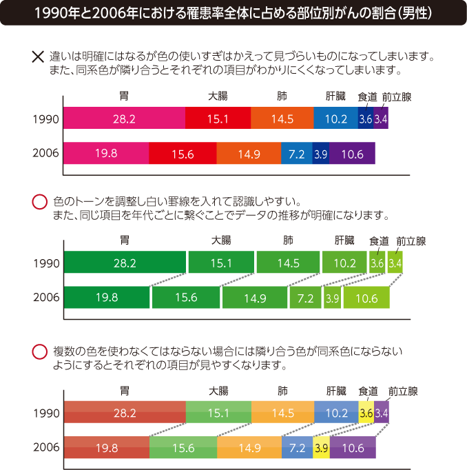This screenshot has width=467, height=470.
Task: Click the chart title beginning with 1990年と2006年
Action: point(233,13)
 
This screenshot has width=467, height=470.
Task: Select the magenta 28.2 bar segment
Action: point(124,119)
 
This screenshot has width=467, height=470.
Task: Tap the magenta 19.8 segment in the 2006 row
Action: point(106,154)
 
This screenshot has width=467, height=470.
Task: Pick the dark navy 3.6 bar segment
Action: point(366,119)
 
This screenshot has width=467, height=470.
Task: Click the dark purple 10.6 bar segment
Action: point(352,154)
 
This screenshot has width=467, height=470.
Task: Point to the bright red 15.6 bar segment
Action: point(182,154)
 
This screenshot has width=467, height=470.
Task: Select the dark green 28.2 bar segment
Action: point(125,263)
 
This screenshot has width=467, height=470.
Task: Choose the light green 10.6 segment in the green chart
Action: point(366,298)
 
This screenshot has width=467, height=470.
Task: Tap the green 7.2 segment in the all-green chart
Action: point(305,298)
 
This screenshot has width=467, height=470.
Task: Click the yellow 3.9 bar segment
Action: point(320,448)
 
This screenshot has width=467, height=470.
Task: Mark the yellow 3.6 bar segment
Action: point(366,413)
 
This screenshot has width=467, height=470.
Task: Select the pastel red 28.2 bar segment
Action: point(124,413)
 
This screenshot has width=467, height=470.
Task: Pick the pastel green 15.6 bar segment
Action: point(183,448)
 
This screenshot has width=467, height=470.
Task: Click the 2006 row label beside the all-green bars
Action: point(47,297)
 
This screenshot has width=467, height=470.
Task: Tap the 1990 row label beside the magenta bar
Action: point(47,119)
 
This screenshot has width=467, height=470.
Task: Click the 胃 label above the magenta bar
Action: point(124,96)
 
